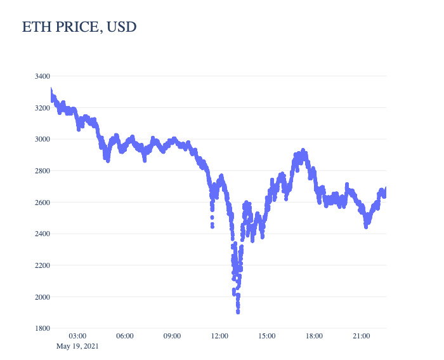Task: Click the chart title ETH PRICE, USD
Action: coord(79,27)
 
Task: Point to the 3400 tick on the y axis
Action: coord(42,76)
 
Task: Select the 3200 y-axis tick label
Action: coord(42,108)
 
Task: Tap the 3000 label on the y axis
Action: coord(42,139)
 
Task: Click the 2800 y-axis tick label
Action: coord(42,171)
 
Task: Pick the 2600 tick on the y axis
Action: coord(42,203)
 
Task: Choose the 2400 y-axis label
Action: coord(42,234)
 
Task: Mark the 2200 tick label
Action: coord(42,265)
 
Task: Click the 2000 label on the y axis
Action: coord(42,297)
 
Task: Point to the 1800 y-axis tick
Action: coord(42,328)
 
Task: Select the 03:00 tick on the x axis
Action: coord(77,336)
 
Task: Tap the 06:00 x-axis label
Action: coord(125,336)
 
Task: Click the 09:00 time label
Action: coord(172,336)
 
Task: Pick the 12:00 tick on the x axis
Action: coord(219,336)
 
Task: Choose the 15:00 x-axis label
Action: coord(266,336)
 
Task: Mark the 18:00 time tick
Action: coord(314,336)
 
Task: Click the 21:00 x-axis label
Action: coord(361,336)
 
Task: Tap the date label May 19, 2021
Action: coord(77,346)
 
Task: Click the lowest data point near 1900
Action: coord(238,312)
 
